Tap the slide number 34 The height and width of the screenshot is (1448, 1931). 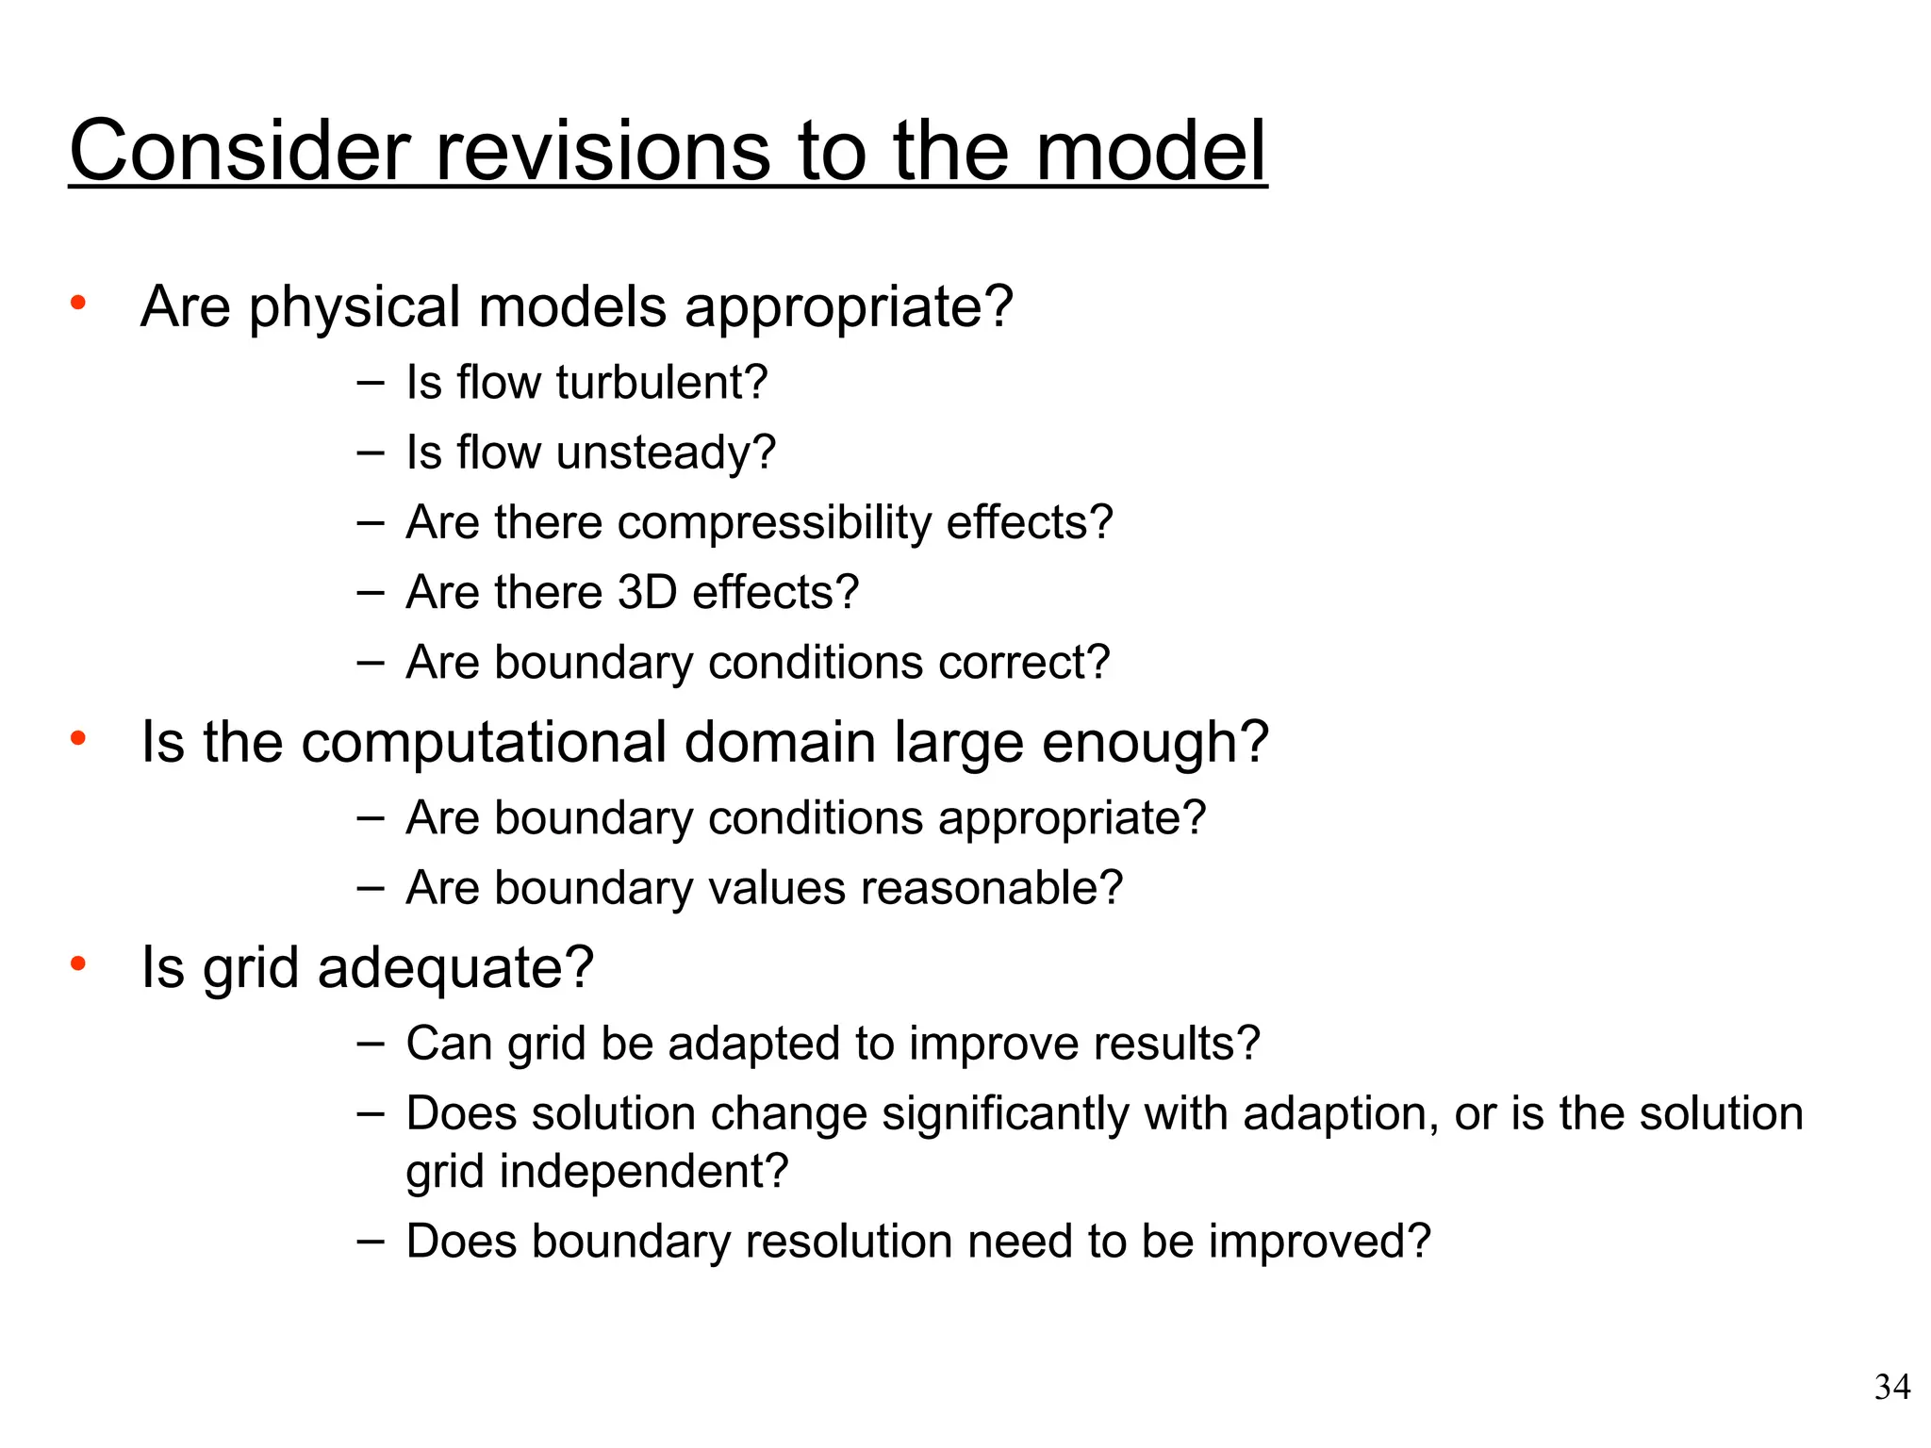pos(1891,1388)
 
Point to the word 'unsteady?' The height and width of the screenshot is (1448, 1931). pos(666,452)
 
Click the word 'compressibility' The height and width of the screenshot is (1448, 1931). pos(774,522)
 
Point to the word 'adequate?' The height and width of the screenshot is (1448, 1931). pos(456,968)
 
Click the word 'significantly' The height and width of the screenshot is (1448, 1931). pos(1005,1113)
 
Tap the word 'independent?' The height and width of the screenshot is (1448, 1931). pos(643,1172)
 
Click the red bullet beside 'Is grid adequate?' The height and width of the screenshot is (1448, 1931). pos(78,963)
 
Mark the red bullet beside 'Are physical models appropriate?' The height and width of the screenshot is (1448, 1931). pos(78,303)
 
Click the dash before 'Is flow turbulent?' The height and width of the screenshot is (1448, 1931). pos(371,382)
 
